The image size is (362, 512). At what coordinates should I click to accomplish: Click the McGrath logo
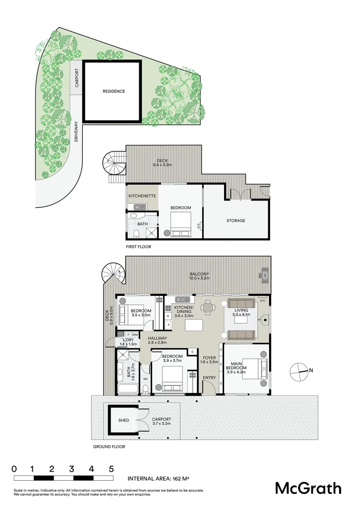click(x=308, y=488)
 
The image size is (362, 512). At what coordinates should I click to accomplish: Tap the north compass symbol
click(x=299, y=371)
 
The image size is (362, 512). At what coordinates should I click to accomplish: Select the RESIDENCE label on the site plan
click(x=114, y=91)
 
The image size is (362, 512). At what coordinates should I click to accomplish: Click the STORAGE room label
click(x=235, y=220)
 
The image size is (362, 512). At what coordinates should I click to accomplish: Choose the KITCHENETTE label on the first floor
click(x=143, y=195)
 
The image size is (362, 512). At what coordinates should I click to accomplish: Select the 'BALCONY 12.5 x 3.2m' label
click(x=199, y=276)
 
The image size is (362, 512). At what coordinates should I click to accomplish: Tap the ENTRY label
click(x=209, y=378)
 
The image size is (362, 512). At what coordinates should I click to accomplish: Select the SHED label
click(x=124, y=420)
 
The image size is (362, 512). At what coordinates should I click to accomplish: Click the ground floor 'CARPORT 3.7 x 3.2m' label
click(x=162, y=422)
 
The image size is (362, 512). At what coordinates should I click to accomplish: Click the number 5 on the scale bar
click(x=111, y=469)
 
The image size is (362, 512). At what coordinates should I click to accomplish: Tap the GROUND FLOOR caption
click(x=109, y=447)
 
